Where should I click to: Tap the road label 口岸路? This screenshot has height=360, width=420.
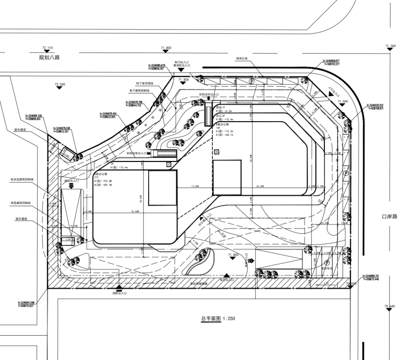point(390,216)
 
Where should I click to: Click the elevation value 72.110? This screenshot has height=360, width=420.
point(47,48)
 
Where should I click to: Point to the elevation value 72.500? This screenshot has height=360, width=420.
point(60,84)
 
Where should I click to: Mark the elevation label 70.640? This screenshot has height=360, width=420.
point(390,306)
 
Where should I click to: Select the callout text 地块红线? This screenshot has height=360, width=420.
point(243,58)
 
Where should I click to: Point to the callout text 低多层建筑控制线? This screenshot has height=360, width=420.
point(22,180)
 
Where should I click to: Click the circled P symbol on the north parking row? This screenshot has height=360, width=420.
point(252,81)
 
